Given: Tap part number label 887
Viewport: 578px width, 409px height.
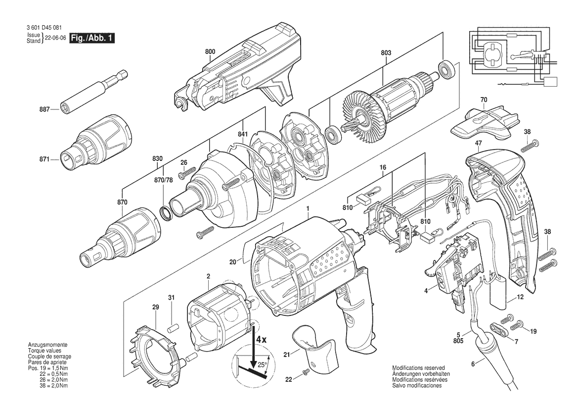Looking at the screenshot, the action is pos(44,109).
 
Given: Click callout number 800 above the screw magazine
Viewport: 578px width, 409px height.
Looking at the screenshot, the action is pos(210,52).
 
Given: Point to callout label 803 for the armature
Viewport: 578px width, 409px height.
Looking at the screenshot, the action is pos(386,53).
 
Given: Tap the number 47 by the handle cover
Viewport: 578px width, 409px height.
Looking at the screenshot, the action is pos(479,143).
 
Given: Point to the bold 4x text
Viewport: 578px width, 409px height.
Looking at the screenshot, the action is pos(262,339).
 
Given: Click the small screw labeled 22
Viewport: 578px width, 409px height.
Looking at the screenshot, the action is pos(305,373).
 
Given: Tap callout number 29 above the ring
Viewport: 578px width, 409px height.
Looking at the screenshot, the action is pos(155,307).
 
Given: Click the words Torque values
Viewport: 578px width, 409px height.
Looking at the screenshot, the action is pos(44,351).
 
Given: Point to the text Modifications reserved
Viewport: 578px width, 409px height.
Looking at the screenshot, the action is pos(418,368).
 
